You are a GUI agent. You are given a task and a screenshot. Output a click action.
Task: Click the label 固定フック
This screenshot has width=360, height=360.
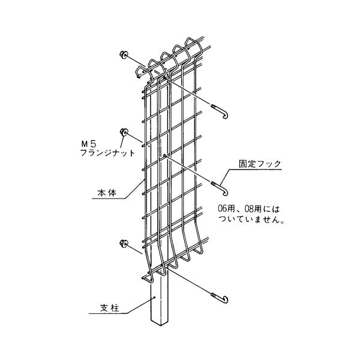260,163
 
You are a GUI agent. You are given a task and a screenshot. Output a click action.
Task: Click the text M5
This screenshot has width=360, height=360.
89,144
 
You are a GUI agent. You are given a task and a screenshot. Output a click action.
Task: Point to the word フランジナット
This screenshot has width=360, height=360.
106,154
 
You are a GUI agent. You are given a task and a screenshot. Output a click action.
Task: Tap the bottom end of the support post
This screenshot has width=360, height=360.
160,325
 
